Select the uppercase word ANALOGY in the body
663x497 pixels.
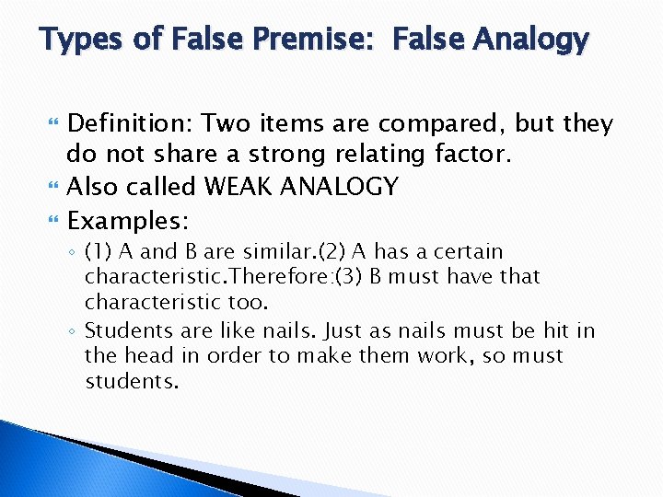pos(341,187)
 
